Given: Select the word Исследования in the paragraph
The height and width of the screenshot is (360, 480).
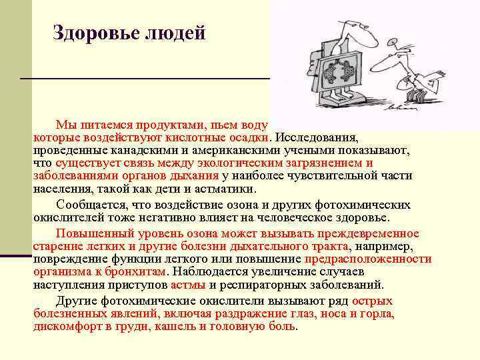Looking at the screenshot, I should (317, 139).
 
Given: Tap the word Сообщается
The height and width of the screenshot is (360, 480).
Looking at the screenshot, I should (89, 205).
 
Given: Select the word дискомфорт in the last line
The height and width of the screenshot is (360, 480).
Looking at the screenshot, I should (65, 327).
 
